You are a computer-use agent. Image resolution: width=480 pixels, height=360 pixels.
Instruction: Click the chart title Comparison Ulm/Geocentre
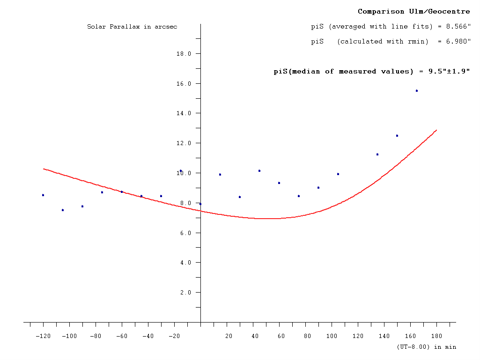tap(414, 11)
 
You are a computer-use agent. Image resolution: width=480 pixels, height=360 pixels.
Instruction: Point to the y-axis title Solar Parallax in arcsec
tap(132, 27)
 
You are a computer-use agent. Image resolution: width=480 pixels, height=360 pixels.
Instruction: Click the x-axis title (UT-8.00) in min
tap(426, 347)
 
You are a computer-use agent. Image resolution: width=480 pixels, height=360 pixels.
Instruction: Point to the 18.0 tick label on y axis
tap(184, 54)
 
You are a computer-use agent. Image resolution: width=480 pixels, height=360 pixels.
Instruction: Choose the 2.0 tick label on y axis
tap(185, 293)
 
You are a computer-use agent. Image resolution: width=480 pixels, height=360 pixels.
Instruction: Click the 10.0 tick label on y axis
tap(184, 173)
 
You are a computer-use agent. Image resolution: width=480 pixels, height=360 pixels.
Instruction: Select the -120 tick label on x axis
tap(43, 336)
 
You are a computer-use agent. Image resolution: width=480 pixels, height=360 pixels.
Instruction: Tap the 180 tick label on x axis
tap(437, 336)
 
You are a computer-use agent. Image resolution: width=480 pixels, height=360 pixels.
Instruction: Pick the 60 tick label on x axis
tap(281, 336)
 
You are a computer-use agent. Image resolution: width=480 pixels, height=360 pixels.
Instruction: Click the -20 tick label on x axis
tap(174, 336)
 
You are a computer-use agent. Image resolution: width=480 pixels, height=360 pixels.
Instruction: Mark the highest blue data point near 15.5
tap(417, 91)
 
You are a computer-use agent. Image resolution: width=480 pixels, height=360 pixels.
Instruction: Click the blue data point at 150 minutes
tap(397, 136)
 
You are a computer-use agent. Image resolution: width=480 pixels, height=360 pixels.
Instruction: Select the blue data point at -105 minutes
tap(63, 210)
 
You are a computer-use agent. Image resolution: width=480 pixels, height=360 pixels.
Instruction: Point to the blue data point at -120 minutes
tap(43, 195)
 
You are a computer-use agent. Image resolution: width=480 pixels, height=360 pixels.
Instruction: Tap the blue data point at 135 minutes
tap(377, 154)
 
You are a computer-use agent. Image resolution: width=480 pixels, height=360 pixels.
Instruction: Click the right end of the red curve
tap(436, 130)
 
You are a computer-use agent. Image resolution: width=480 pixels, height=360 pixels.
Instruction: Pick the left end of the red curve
tap(44, 169)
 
